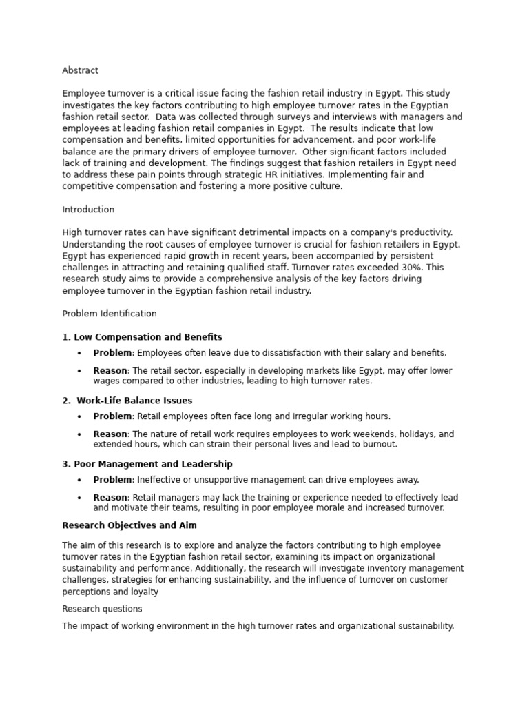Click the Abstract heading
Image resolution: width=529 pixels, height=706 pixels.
coord(80,70)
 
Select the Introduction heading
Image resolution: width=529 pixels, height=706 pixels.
coord(88,210)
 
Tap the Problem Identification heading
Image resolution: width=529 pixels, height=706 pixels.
coord(109,314)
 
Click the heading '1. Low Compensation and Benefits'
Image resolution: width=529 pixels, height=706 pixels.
coord(142,337)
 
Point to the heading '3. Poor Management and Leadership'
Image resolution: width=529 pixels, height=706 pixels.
coord(147,464)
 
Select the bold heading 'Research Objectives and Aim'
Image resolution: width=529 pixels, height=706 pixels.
coord(129,525)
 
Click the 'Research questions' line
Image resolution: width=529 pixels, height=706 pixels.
coord(102,609)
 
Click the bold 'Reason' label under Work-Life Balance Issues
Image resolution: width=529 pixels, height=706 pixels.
coord(110,434)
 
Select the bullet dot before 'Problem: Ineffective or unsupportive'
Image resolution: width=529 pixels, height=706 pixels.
coord(79,480)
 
